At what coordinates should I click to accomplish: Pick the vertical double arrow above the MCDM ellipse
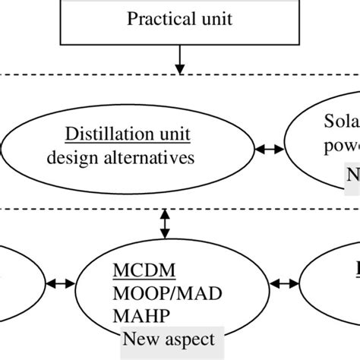pyautogui.click(x=163, y=225)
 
